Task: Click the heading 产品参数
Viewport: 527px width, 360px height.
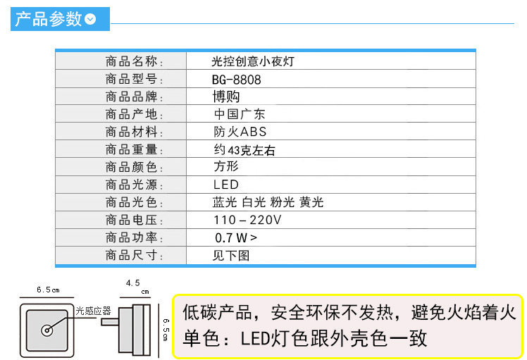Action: click(x=49, y=19)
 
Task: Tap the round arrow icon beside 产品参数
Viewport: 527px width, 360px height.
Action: click(x=90, y=20)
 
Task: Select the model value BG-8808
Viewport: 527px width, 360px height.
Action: click(x=236, y=80)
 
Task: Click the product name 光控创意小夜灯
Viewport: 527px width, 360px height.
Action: click(x=253, y=62)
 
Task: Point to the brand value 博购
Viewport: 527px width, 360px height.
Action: click(x=226, y=97)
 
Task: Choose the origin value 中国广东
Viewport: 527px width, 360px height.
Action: click(x=240, y=114)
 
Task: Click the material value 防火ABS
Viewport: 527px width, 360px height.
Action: click(x=240, y=132)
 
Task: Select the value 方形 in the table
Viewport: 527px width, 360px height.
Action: click(x=226, y=167)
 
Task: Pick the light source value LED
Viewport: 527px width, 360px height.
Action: click(x=226, y=185)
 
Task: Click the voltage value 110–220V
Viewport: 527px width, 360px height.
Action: click(x=247, y=220)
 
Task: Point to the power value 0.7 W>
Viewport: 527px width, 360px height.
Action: click(x=236, y=238)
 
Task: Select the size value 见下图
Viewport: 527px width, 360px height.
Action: click(x=231, y=256)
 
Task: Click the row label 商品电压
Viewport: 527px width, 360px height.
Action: click(x=134, y=220)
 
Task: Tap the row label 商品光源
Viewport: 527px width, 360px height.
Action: click(x=134, y=185)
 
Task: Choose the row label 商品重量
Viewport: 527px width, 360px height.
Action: click(x=134, y=149)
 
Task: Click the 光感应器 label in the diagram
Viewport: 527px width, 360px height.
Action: click(x=93, y=310)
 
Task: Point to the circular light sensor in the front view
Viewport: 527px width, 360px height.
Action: click(x=47, y=330)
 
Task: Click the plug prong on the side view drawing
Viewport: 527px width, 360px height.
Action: click(x=111, y=321)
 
